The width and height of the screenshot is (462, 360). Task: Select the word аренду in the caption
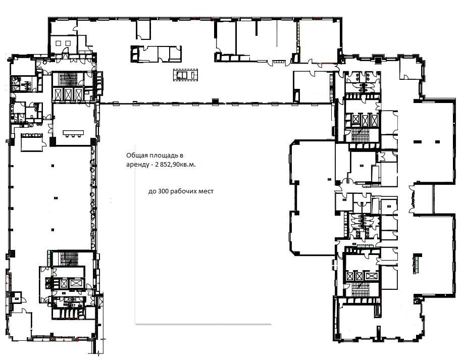coord(136,165)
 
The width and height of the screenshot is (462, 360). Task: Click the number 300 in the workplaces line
coord(163,191)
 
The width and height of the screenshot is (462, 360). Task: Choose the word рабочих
coord(184,191)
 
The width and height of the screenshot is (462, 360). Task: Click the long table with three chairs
coord(73,133)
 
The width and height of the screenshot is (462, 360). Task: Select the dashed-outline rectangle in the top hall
coord(185,75)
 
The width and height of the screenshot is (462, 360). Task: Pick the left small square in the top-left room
coord(58,43)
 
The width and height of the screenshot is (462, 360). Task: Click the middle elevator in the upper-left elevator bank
coord(68,94)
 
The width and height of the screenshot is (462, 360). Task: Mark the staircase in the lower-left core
coord(69,259)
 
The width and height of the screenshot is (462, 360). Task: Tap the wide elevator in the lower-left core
coord(75,283)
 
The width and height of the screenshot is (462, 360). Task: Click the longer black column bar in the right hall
coord(418,142)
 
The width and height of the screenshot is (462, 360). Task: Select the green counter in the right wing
coord(417,263)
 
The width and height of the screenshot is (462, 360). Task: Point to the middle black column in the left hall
coord(56,198)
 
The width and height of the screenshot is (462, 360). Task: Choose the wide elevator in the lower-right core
coord(371,276)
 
